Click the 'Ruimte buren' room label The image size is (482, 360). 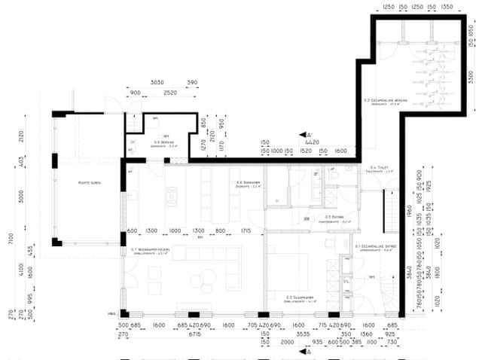tap(90, 182)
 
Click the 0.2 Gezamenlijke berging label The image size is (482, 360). tap(381, 100)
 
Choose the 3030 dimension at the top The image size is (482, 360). tap(157, 81)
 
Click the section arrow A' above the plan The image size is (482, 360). tap(302, 136)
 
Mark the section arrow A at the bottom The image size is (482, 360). tap(302, 351)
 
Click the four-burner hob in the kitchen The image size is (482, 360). tap(171, 197)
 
